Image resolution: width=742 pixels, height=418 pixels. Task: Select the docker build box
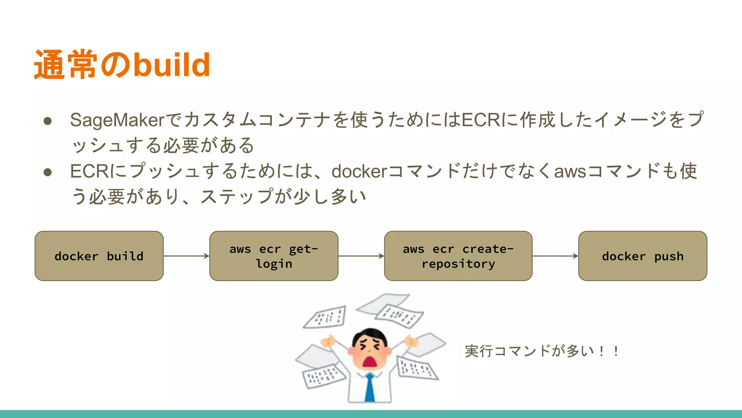tap(99, 256)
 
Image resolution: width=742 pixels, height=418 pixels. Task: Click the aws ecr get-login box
tap(274, 256)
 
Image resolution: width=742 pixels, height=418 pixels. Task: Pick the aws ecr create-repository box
tap(458, 256)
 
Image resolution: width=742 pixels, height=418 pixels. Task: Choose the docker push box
tap(642, 256)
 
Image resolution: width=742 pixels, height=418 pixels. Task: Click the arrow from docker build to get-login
tap(186, 256)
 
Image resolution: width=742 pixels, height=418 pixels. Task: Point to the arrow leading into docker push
tap(555, 256)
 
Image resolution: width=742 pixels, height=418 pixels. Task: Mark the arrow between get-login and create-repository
tap(361, 256)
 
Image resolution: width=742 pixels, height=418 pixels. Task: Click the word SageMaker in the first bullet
tap(117, 120)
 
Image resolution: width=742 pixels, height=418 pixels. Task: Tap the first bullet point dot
tap(47, 121)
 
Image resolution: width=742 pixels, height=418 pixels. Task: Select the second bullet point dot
tap(47, 172)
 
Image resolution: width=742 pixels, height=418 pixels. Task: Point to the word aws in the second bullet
tap(570, 171)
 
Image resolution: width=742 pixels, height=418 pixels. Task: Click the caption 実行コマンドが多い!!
tap(542, 351)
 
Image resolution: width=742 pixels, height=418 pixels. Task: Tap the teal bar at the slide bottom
tap(371, 414)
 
